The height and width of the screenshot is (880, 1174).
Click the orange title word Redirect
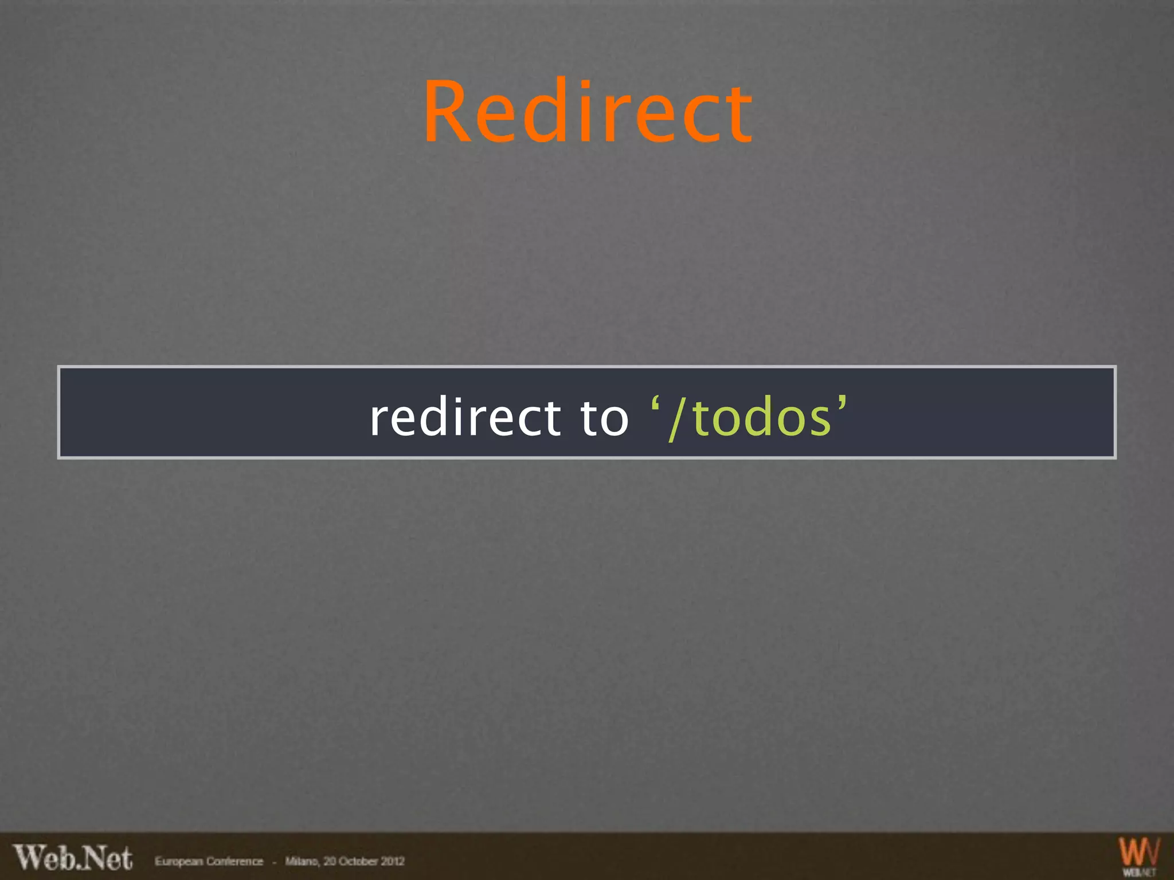point(588,111)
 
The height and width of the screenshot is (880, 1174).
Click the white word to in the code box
point(605,418)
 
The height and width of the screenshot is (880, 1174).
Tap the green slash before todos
point(677,419)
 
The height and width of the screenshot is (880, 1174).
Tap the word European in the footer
point(178,862)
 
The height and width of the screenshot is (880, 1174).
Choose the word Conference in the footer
point(234,862)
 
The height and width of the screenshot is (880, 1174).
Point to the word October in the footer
point(358,862)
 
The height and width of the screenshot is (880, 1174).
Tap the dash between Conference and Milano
point(274,862)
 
